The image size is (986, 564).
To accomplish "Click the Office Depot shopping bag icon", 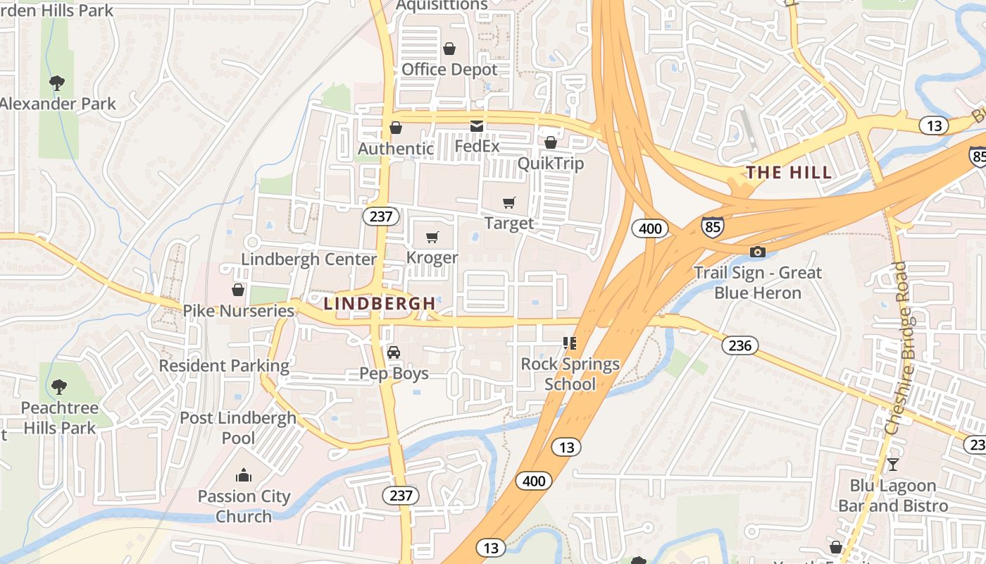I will pos(449,49).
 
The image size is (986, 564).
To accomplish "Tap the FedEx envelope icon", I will pos(477,126).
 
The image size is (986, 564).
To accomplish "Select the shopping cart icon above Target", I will pos(509,203).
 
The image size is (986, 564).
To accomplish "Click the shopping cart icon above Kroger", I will pos(432,237).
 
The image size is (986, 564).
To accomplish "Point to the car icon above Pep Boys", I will pos(394,352).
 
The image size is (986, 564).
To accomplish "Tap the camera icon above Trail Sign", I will pos(757,252).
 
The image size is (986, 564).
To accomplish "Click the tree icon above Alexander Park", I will pos(57,83).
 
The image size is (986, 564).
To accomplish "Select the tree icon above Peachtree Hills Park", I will pos(58,386).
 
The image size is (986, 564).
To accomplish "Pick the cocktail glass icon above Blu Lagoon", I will pos(892,464).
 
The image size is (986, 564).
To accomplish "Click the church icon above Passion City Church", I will pos(244,475).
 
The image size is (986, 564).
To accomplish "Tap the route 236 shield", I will pos(739,345).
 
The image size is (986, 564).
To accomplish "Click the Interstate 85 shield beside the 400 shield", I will pos(712,226).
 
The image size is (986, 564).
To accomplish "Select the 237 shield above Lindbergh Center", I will pos(381,216).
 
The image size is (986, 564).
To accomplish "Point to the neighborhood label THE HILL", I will pos(789,172).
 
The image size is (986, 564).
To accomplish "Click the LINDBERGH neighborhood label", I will pos(380,303).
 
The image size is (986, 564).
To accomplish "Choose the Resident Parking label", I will pos(224,366).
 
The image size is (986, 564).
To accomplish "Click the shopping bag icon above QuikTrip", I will pos(551,143).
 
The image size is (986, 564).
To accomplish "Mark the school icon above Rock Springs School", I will pos(570,343).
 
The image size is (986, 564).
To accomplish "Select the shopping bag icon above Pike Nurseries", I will pos(238,290).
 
